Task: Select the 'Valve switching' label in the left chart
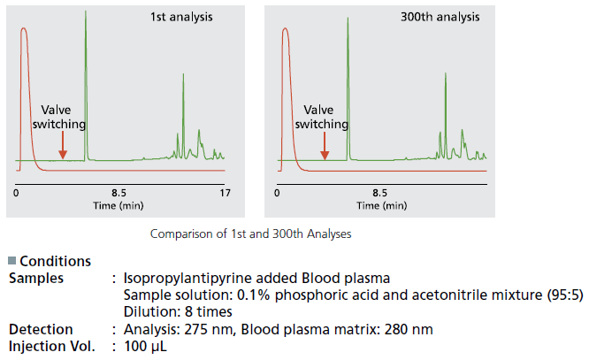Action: [59, 117]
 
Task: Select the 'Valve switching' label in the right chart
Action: [322, 117]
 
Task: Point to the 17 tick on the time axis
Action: [225, 192]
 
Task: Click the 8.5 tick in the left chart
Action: [119, 192]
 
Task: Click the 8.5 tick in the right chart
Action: [379, 192]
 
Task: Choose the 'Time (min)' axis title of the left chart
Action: [119, 204]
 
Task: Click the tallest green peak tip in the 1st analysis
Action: [86, 12]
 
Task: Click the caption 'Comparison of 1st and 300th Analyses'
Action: [250, 234]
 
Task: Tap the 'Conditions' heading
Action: [55, 262]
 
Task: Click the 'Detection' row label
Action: [41, 329]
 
